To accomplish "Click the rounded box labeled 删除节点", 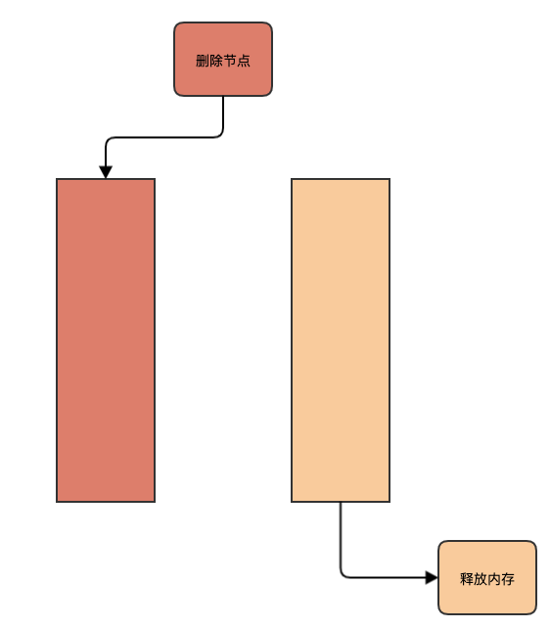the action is pos(223,60).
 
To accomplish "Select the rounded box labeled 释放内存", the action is pos(487,577).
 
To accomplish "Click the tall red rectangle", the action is pos(106,340).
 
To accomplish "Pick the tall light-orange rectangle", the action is pos(341,340).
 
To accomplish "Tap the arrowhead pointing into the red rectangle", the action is pos(106,172).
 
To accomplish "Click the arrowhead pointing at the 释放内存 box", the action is pos(432,577).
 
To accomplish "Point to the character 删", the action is pos(203,61).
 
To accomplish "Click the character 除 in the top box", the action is pos(216,61).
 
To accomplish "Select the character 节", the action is pos(230,61).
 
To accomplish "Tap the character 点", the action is pos(244,61).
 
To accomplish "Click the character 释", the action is pos(467,579).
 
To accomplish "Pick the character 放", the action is pos(481,579).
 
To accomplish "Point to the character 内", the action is pos(494,579).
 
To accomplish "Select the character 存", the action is pos(508,579).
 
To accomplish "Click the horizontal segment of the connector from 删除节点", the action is pos(164,137).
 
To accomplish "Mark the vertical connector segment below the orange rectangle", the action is pos(341,537).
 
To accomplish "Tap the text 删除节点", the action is pos(223,61).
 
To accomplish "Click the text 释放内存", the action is pos(487,579).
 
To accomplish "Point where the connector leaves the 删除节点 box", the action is pos(223,97).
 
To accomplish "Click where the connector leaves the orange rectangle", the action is pos(341,502).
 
